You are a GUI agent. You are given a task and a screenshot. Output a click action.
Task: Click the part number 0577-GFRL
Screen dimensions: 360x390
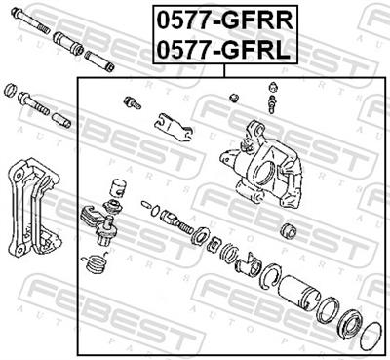223,49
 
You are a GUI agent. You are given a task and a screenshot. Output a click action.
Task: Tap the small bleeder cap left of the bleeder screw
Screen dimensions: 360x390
234,97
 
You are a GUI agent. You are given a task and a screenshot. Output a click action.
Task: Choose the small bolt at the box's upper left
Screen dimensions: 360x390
133,101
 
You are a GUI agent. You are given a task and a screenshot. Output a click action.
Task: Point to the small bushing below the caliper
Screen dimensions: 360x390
289,232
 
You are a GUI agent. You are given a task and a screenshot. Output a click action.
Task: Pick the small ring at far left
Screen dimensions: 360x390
10,91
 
